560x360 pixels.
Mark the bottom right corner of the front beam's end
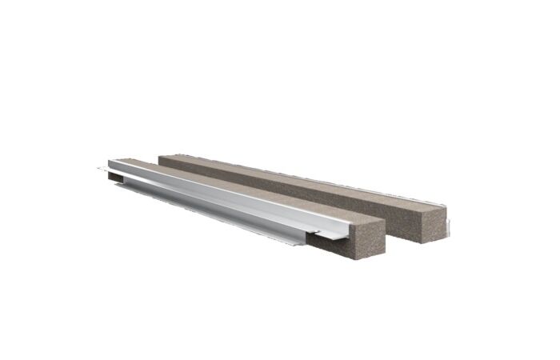pyautogui.click(x=385, y=253)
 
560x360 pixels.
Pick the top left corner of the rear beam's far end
pyautogui.click(x=159, y=154)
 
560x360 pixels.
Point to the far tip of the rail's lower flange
pyautogui.click(x=98, y=169)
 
